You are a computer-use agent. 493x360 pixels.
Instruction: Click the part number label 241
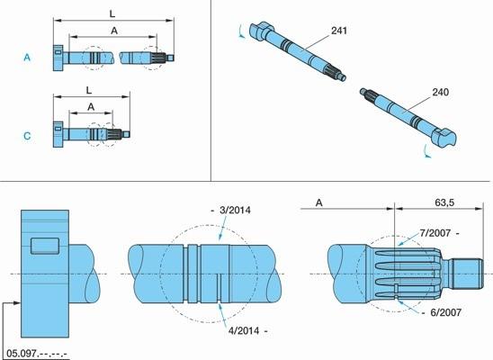339,31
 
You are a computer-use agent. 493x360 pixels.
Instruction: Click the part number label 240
441,93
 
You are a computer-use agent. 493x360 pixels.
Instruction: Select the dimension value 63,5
444,202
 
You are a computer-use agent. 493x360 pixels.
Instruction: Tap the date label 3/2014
235,210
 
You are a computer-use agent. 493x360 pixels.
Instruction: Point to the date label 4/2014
244,331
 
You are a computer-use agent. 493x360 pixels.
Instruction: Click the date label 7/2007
435,233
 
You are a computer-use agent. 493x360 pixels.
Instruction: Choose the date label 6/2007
446,312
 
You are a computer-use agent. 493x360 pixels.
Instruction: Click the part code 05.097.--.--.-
37,353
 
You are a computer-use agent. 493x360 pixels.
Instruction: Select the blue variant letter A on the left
27,58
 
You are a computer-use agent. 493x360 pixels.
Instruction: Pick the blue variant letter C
27,136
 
